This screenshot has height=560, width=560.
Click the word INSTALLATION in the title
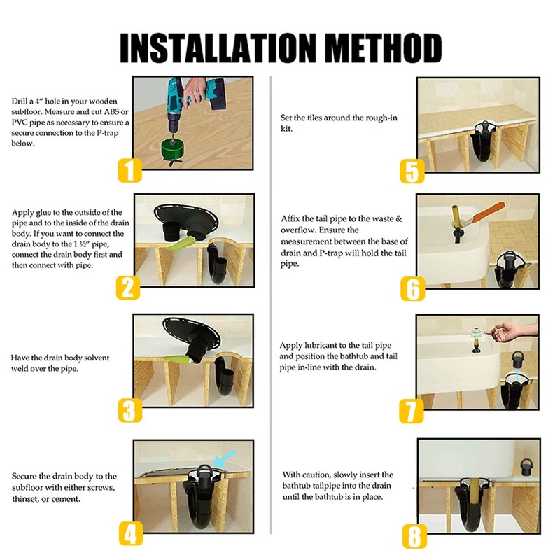pyautogui.click(x=218, y=48)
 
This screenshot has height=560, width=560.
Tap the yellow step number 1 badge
pyautogui.click(x=129, y=170)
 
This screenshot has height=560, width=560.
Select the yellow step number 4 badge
pyautogui.click(x=131, y=533)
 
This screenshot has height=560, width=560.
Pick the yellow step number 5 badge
pyautogui.click(x=412, y=171)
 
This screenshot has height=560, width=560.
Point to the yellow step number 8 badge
pyautogui.click(x=414, y=535)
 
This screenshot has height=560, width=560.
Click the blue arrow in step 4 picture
pyautogui.click(x=225, y=458)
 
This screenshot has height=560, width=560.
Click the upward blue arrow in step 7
pyautogui.click(x=517, y=377)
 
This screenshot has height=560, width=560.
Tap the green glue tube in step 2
pyautogui.click(x=181, y=246)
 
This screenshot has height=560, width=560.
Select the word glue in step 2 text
pyautogui.click(x=43, y=213)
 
